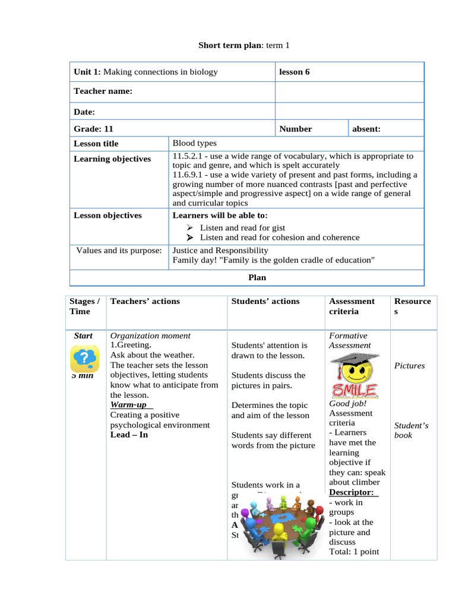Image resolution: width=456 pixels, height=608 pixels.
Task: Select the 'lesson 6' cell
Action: pos(294,72)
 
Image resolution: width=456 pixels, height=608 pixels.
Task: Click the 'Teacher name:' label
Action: pos(103,91)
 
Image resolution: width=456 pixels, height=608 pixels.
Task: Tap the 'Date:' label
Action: pos(84,112)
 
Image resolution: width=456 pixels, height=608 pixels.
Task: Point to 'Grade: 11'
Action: pos(93,129)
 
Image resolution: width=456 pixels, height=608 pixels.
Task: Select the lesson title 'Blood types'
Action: pos(194,143)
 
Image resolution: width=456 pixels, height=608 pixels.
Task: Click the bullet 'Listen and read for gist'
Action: pos(242,227)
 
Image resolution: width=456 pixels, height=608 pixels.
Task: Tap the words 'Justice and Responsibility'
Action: pos(220,251)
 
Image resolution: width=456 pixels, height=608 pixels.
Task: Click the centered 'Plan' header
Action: pos(256,277)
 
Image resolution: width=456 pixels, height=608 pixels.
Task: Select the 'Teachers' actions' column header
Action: pos(145,302)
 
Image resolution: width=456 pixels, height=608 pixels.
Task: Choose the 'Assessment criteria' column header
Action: pos(351,306)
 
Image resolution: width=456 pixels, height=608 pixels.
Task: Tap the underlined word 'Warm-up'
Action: pos(128,405)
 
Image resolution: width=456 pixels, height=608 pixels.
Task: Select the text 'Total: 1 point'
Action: pos(354,552)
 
